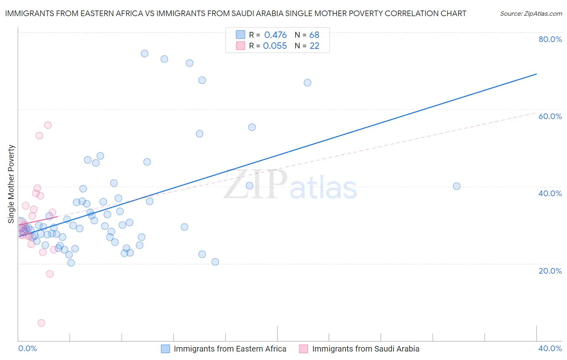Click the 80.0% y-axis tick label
550,39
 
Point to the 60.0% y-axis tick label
550,116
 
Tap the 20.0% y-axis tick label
550,270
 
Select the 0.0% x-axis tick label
27,348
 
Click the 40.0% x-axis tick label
550,348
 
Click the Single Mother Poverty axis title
11,184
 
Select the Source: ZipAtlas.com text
531,14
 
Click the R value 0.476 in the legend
275,35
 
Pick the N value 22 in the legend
314,46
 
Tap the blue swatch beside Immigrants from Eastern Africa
165,349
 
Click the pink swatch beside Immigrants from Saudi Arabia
303,349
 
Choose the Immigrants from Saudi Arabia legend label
365,349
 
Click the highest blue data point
144,53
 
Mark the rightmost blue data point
457,186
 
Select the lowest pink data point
41,323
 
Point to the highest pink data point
48,125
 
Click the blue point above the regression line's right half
307,83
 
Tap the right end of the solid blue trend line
536,74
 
